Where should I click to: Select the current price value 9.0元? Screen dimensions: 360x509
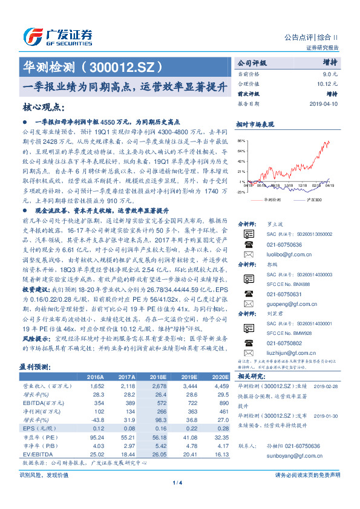click(x=330, y=73)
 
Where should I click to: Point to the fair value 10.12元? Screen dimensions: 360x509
click(x=327, y=83)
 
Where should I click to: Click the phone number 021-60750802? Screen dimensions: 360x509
click(x=284, y=342)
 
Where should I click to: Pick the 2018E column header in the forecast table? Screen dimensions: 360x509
click(x=159, y=377)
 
